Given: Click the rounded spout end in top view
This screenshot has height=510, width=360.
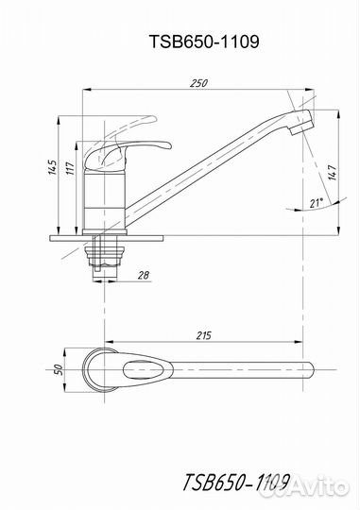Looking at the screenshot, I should (303, 369).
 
